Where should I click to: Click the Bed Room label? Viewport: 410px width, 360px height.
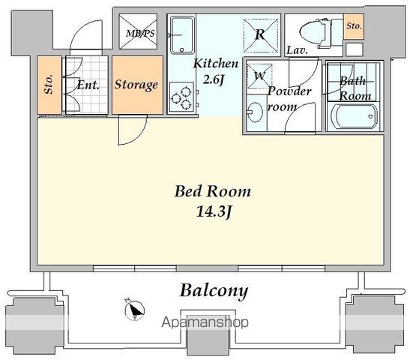coord(213,191)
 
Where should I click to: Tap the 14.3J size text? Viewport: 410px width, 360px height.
coord(214,211)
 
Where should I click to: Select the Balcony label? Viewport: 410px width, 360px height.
coord(214,291)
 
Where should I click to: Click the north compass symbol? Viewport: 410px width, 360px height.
coord(134,310)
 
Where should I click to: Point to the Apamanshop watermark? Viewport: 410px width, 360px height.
coord(205,322)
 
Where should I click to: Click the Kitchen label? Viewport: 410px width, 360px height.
coord(216,64)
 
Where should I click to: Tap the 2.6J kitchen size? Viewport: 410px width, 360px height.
coord(214,79)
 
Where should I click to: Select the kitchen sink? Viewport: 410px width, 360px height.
coord(182,34)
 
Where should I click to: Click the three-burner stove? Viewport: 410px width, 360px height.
coord(181,97)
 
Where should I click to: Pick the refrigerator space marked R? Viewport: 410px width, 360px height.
coord(260,34)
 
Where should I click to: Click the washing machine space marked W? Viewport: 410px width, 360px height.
coord(259,76)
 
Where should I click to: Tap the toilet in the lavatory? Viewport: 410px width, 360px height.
coord(315,33)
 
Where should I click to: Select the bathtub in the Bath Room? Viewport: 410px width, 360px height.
coord(355,116)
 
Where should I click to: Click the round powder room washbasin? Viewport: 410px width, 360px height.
coord(254,112)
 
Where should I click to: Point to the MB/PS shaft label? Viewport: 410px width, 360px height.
coord(140,34)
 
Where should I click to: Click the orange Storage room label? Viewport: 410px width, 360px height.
coord(136,85)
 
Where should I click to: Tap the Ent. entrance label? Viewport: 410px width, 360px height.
coord(88,85)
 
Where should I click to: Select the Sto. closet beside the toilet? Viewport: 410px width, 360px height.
coord(354,26)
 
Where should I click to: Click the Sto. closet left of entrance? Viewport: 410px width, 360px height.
coord(49,85)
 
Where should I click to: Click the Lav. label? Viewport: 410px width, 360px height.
coord(297,50)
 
